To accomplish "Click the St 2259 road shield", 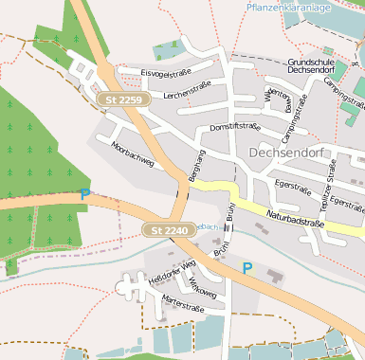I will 123,99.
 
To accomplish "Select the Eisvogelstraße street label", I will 167,73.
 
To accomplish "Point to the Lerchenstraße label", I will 187,89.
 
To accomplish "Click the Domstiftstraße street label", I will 234,126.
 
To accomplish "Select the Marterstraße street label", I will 183,306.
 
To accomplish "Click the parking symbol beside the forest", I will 84,194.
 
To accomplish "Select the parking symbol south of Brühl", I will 247,268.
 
